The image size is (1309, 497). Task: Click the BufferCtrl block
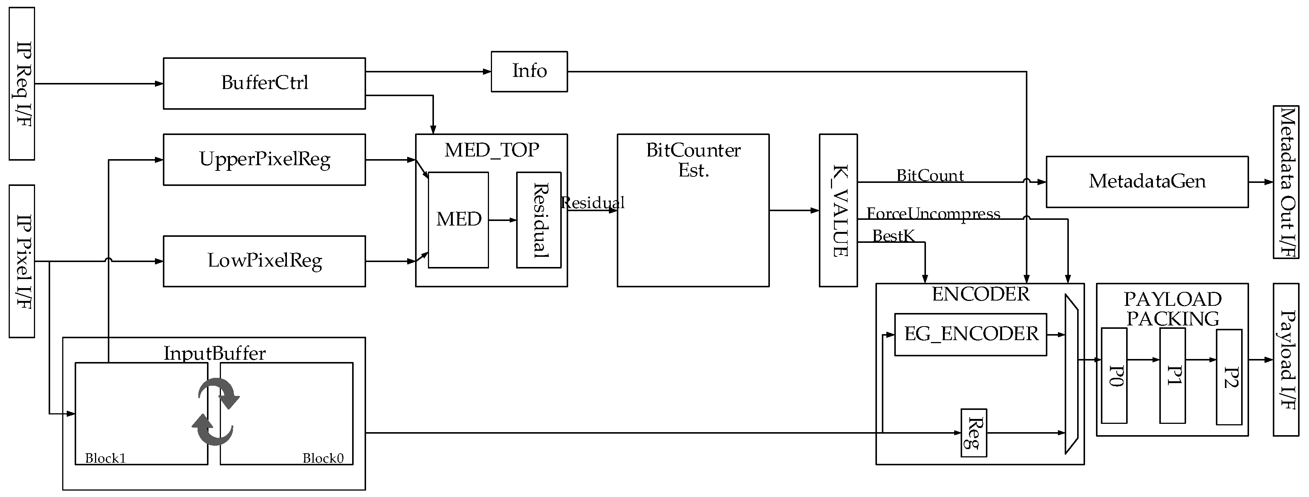click(x=264, y=83)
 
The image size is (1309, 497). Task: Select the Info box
click(x=529, y=72)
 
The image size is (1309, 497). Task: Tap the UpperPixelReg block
click(x=264, y=160)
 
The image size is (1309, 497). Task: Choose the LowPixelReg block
click(x=264, y=261)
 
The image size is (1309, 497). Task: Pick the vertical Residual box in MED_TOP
click(x=539, y=219)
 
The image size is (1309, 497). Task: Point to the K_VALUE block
click(x=838, y=210)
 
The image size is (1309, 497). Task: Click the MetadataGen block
click(x=1147, y=182)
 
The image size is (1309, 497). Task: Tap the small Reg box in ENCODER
click(x=973, y=433)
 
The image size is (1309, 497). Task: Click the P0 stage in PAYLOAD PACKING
click(x=1114, y=376)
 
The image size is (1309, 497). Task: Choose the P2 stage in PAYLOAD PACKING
click(x=1229, y=377)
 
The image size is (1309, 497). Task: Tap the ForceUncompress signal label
click(x=933, y=213)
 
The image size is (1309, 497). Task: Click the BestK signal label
click(x=893, y=236)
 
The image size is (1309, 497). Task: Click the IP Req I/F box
click(x=22, y=83)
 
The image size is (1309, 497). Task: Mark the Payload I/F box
click(x=1286, y=360)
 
